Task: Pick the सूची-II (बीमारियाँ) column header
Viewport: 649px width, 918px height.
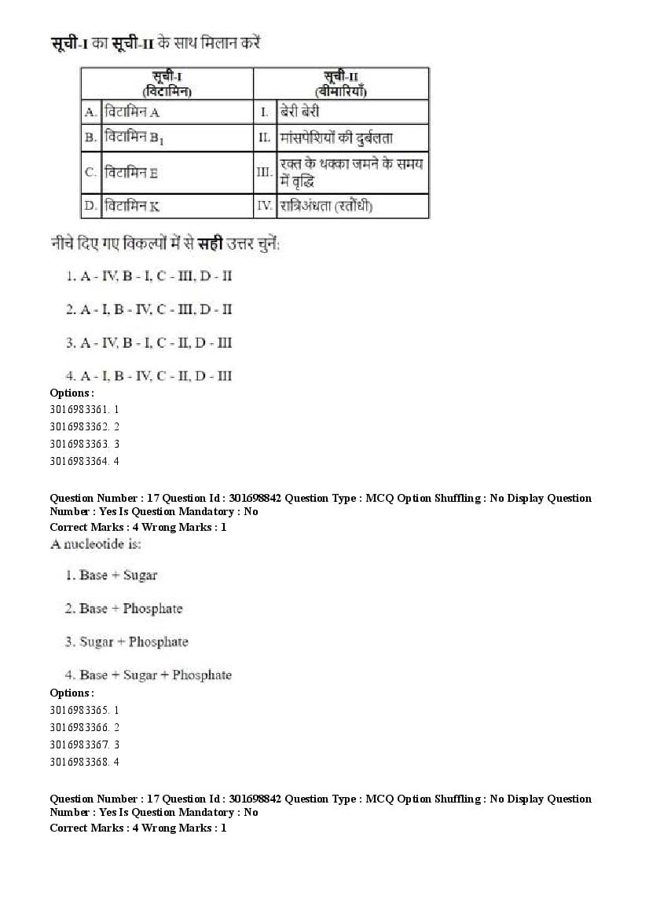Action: click(341, 83)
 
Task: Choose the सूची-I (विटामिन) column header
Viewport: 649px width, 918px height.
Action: click(167, 83)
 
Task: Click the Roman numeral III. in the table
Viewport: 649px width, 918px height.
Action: click(264, 172)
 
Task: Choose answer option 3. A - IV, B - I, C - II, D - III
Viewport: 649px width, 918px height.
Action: click(148, 342)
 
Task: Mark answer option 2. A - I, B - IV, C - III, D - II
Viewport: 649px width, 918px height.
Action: click(148, 309)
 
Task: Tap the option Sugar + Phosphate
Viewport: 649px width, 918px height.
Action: click(127, 642)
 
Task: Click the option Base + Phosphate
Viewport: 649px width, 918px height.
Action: click(124, 609)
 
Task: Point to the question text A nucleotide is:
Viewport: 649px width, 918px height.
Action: click(96, 543)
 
